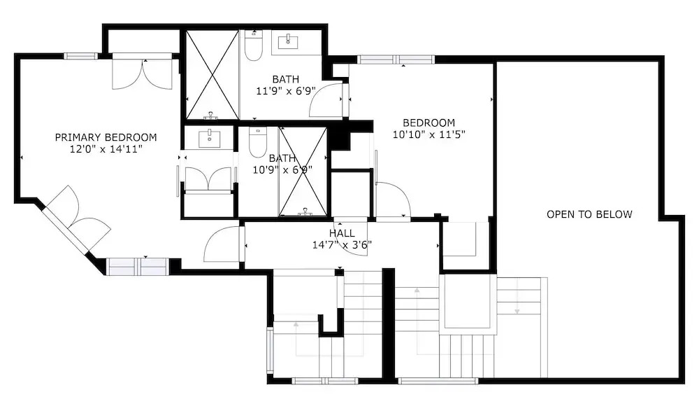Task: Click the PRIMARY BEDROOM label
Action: (106, 137)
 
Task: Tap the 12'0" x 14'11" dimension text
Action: (106, 149)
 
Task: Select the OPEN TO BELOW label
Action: (589, 214)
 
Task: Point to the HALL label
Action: (342, 233)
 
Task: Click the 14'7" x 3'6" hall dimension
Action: (342, 245)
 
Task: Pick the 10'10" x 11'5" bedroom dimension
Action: (429, 134)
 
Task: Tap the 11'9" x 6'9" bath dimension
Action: (286, 91)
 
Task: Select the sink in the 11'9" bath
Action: (288, 42)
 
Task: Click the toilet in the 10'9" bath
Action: (258, 142)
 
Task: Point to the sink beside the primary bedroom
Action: (209, 139)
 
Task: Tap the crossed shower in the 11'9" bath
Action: (212, 75)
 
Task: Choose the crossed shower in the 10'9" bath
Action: (303, 172)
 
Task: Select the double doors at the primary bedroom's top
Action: (142, 74)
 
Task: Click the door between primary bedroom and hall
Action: (222, 244)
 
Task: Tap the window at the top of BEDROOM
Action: (396, 60)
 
